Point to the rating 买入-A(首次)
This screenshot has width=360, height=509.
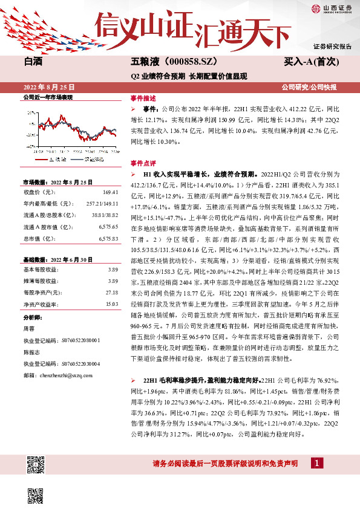click(309, 62)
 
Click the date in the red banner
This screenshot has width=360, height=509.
click(46, 87)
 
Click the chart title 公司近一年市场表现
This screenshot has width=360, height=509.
click(48, 97)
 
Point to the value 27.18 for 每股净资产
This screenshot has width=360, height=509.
click(112, 292)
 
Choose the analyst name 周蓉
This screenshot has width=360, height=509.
click(28, 329)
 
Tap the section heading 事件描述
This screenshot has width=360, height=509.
click(143, 97)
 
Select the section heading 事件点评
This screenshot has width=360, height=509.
click(143, 163)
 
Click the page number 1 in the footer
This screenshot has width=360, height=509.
click(316, 462)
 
